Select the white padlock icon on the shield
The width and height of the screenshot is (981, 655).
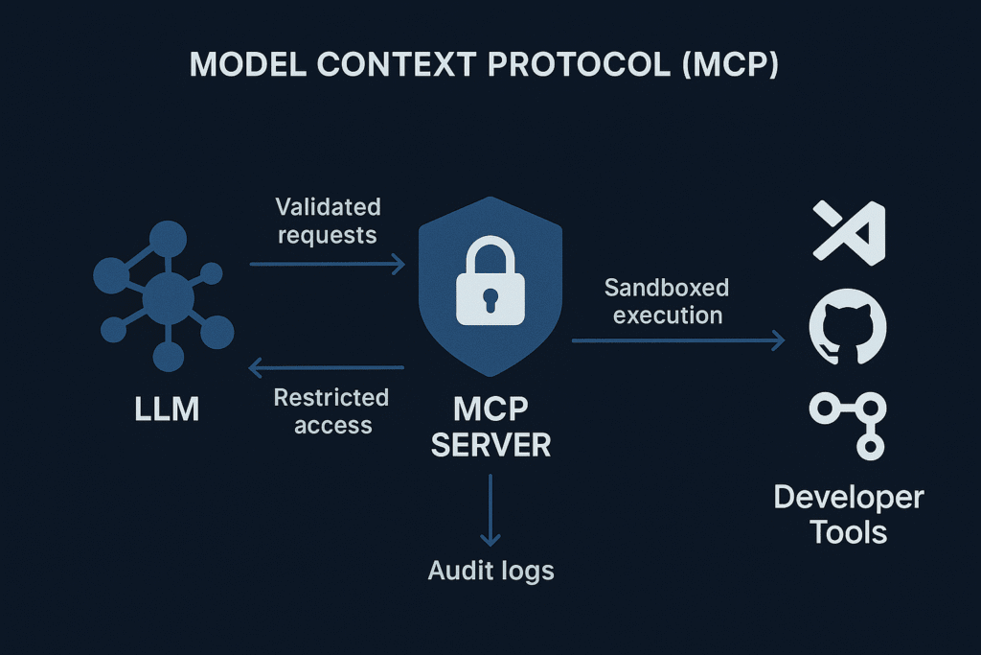[x=490, y=284]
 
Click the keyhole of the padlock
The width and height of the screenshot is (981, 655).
[x=490, y=296]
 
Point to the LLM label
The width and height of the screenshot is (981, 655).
[x=168, y=409]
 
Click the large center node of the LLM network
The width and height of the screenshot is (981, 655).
[x=168, y=301]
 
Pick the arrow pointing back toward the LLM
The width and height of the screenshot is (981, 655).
[x=326, y=365]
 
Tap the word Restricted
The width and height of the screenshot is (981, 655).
[x=331, y=398]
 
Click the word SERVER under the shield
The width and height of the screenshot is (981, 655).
[x=490, y=444]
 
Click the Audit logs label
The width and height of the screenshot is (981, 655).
[x=490, y=571]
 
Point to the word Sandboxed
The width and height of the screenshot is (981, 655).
[x=667, y=288]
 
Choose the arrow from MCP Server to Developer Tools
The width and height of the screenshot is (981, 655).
[x=677, y=340]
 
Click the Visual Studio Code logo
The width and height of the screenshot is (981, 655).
[x=849, y=232]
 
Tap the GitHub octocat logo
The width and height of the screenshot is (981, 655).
[x=849, y=326]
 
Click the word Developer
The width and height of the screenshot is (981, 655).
[x=849, y=498]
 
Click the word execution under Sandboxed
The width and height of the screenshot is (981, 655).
[x=668, y=316]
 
